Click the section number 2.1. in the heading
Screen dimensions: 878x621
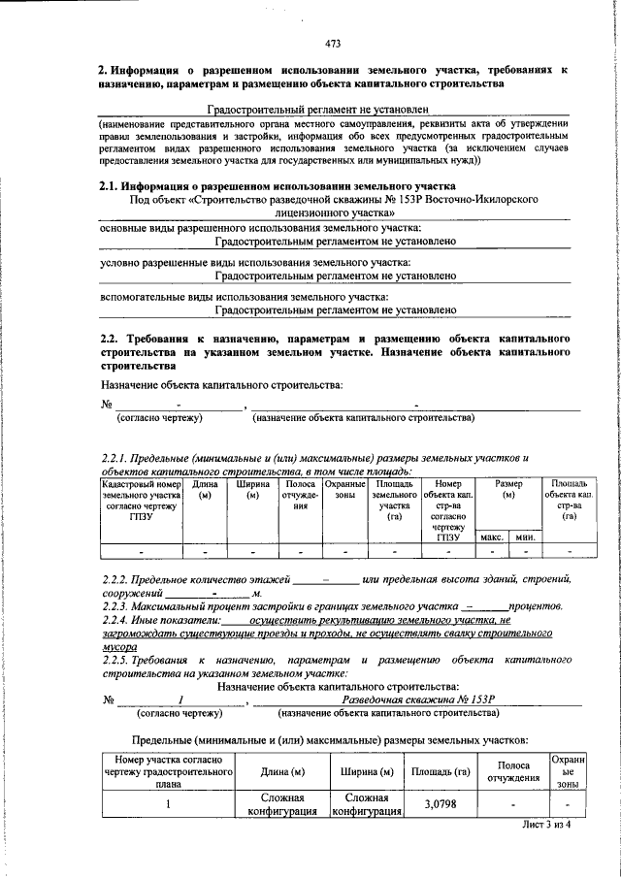[x=113, y=186]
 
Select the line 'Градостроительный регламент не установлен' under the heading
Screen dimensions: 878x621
[x=306, y=112]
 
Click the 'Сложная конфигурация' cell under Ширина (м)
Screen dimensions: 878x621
[x=367, y=804]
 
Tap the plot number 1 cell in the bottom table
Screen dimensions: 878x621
[x=168, y=804]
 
